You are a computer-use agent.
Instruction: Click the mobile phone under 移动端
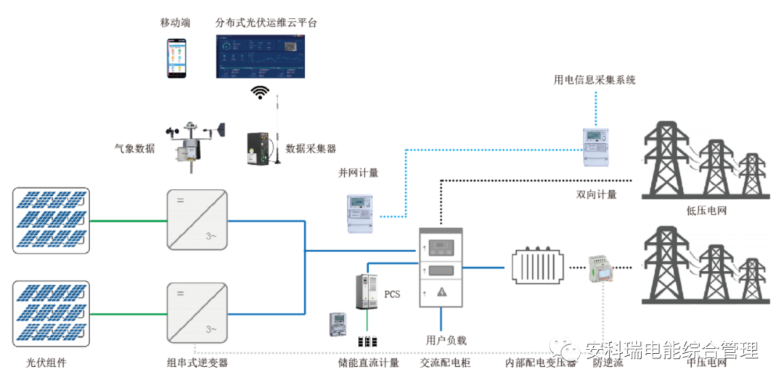point(175,57)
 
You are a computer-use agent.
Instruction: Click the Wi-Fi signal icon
point(260,92)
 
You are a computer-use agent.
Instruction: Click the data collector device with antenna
point(260,148)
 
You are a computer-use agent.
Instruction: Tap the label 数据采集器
point(311,149)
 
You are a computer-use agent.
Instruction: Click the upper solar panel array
point(51,219)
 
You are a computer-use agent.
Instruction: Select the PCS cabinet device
point(368,291)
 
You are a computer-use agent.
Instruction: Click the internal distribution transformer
point(538,267)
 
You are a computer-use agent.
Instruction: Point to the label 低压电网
point(706,211)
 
